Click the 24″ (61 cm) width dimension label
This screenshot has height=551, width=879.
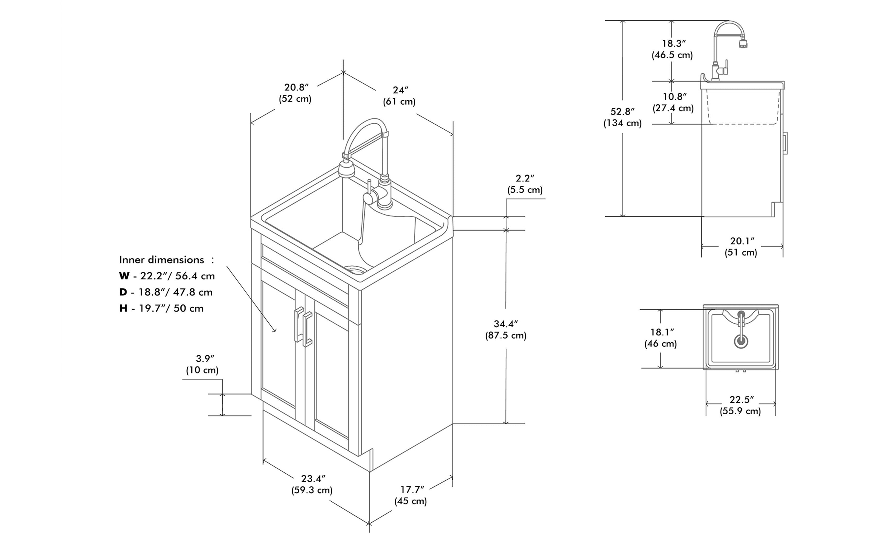399,96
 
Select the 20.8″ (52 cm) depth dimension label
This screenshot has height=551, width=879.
295,93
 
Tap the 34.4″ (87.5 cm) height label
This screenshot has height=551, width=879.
506,329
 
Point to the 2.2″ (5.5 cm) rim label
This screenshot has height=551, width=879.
525,184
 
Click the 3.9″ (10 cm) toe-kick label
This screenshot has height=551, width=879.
203,364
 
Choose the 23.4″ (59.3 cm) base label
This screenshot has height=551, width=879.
312,484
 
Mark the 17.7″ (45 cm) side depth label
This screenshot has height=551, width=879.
411,495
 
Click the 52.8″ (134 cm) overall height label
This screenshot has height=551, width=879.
622,117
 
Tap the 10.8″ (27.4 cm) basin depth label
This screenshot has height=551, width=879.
673,102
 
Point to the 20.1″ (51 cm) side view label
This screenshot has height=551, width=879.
741,247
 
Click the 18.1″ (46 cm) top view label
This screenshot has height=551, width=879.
661,338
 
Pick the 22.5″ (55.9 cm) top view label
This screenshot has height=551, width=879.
740,405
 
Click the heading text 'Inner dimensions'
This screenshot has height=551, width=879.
162,260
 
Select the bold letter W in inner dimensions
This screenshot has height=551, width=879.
124,276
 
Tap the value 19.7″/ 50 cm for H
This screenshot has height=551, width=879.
171,308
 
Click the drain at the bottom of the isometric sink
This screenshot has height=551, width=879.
355,270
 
